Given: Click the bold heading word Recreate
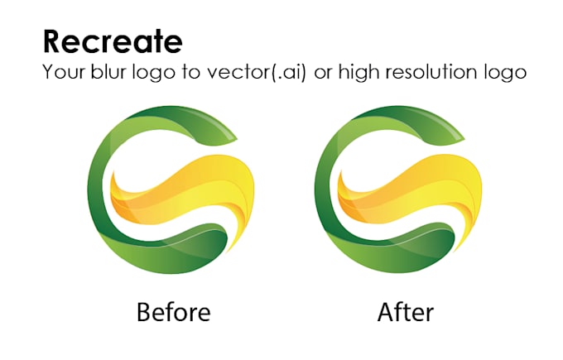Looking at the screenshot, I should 113,41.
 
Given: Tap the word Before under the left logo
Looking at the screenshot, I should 173,312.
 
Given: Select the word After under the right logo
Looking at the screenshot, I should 405,312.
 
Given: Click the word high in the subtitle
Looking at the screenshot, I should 358,72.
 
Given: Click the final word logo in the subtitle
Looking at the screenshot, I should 503,72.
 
